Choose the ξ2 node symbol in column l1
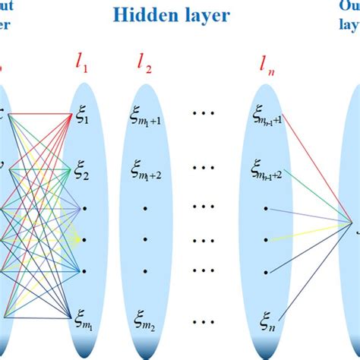pyautogui.click(x=82, y=174)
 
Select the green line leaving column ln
pyautogui.click(x=319, y=198)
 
